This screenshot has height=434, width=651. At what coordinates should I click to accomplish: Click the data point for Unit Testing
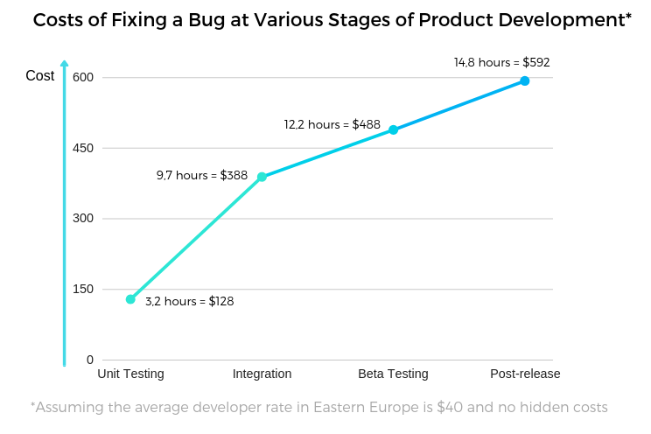(x=130, y=299)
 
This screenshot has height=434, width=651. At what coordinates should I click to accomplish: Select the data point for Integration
(x=262, y=177)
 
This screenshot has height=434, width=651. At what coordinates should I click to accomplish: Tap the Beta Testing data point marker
(x=393, y=129)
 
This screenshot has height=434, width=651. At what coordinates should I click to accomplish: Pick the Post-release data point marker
(x=524, y=80)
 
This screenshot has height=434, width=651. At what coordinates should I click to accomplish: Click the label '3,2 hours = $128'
(x=190, y=301)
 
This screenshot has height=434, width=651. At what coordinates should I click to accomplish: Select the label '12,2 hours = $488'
(x=332, y=125)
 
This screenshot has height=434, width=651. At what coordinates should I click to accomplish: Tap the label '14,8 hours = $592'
(x=501, y=62)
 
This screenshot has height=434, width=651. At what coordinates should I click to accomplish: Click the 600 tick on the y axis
(x=83, y=78)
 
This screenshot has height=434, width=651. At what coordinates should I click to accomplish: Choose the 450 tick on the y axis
(x=83, y=148)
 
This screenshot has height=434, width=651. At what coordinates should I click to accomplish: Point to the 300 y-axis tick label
(x=83, y=219)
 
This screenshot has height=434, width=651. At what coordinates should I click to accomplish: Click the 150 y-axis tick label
(x=83, y=290)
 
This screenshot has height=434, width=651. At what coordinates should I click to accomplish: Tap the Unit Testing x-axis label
(x=130, y=374)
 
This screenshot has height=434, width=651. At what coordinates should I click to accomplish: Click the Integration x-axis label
(x=262, y=374)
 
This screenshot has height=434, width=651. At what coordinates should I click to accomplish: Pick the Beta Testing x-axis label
(x=393, y=374)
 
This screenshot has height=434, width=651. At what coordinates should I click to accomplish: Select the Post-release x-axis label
(x=525, y=374)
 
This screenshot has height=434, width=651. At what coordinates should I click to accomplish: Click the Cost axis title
(x=40, y=76)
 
